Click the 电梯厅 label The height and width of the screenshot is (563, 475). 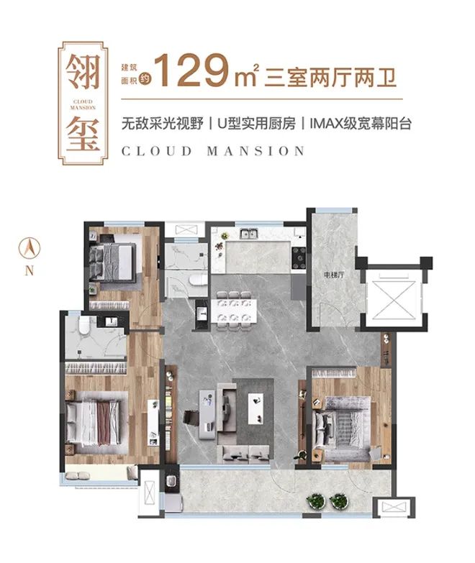pos(334,275)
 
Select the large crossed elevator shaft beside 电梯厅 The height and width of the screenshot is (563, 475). pos(394,300)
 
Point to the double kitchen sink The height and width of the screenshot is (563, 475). pos(248,234)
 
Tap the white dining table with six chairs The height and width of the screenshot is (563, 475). pos(234,309)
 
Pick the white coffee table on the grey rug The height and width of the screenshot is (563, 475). pos(255,408)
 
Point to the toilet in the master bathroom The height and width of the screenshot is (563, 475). pos(84,325)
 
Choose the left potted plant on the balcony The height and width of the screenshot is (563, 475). pos(316,500)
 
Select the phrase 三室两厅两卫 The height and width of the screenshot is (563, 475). pos(330,76)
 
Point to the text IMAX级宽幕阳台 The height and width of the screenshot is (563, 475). pos(360,124)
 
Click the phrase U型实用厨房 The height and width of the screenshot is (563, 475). pos(256,124)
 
